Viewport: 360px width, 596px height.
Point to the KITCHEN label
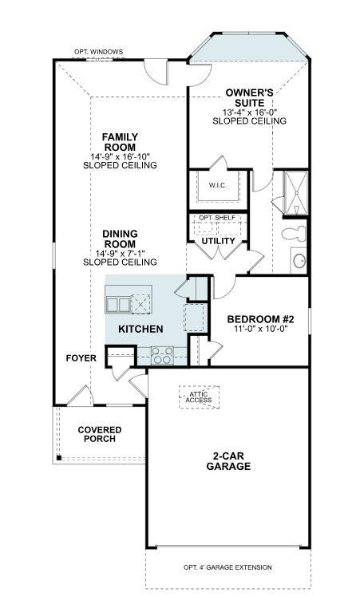(x=141, y=329)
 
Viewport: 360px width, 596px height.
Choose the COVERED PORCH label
(x=99, y=435)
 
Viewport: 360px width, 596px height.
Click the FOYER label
(x=81, y=358)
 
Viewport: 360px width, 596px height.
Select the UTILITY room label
(x=217, y=240)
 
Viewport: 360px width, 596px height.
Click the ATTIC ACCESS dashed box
(x=199, y=397)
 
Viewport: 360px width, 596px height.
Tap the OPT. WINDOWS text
(x=99, y=52)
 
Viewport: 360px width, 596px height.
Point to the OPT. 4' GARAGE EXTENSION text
(x=227, y=567)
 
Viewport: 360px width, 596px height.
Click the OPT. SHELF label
(x=217, y=218)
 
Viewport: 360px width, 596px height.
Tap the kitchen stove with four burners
(x=162, y=354)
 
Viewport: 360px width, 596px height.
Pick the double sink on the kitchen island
(x=117, y=304)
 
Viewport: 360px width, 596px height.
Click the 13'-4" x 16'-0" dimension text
(x=249, y=112)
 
